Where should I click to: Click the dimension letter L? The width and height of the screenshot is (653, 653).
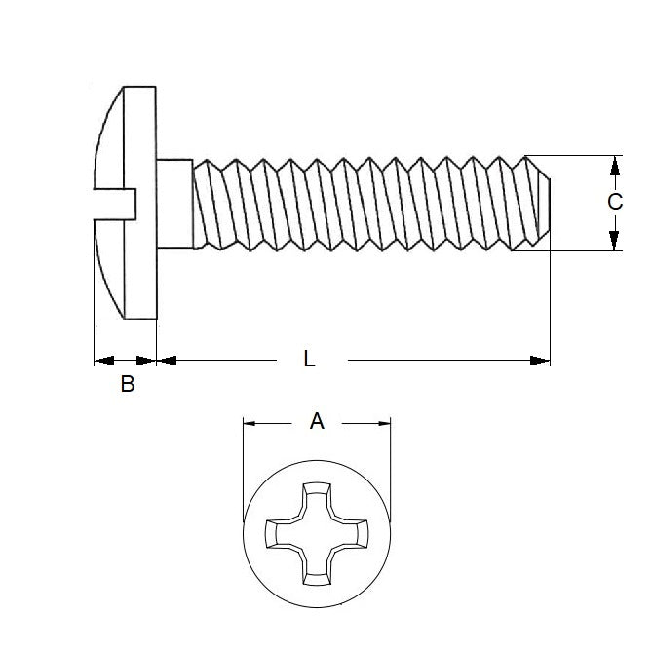tap(309, 360)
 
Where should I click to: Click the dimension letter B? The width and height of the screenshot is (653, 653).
tap(127, 385)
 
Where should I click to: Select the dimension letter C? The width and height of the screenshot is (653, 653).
tap(615, 203)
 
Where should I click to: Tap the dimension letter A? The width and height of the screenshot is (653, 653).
tap(317, 421)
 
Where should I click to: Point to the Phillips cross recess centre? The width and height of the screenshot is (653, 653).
tap(317, 533)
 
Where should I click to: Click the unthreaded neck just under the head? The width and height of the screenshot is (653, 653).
tap(173, 203)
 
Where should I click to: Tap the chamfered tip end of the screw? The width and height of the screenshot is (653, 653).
tap(544, 203)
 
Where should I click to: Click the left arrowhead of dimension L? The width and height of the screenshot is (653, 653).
tap(166, 361)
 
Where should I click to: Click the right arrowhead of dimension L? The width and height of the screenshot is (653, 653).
tap(542, 361)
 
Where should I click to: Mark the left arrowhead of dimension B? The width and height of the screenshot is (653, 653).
tap(100, 361)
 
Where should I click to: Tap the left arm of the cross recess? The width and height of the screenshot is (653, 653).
tap(279, 533)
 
